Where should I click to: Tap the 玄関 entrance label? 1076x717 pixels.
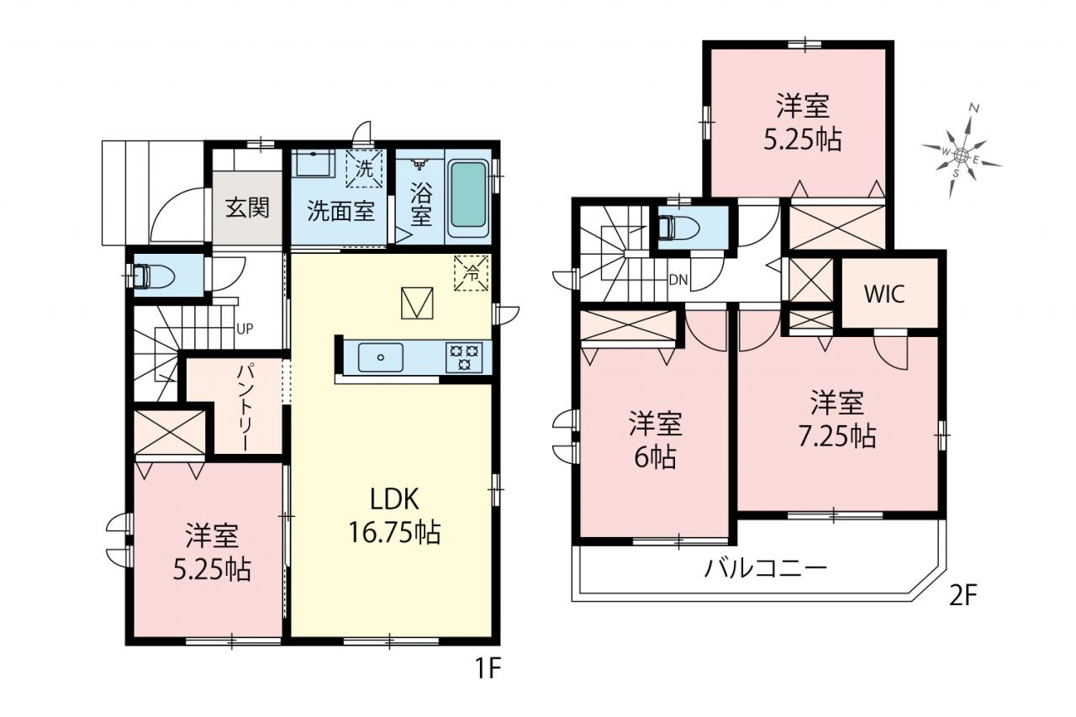pos(247,208)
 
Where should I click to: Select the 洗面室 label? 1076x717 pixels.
pos(341,210)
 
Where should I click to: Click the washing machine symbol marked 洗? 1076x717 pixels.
pos(364,169)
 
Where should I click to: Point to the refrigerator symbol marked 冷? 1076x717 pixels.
pos(472,273)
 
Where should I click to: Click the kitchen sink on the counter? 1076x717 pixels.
pos(381,357)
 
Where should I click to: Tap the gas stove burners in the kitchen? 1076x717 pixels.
pos(464,357)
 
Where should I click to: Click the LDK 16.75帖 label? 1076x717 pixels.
pos(394,516)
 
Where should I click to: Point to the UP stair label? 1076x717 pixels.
pos(245,329)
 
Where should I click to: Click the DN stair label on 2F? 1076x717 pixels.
pos(678,280)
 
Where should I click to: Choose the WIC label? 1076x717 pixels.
pos(885,294)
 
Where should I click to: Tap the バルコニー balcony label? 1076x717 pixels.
pos(766,568)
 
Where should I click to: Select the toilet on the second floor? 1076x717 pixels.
pos(678,228)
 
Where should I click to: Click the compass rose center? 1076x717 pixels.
pos(961,155)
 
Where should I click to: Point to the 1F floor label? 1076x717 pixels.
pos(488,668)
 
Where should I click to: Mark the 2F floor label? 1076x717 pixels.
pos(963,596)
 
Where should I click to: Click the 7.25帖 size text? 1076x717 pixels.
pos(837,436)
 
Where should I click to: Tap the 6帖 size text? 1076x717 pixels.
pos(655,457)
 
